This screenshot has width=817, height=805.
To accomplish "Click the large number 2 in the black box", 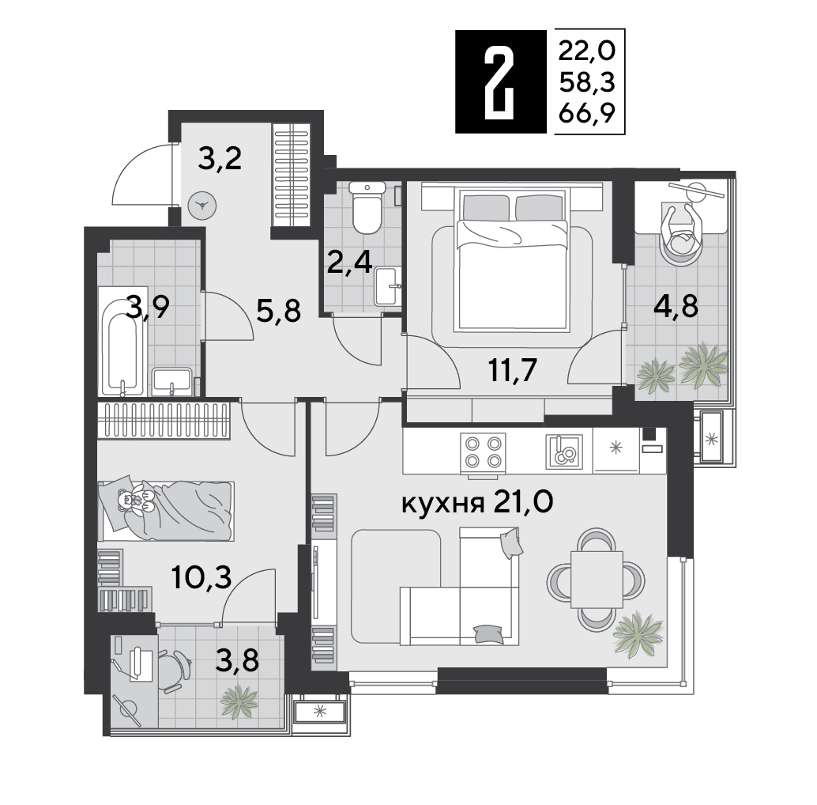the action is click(499, 81).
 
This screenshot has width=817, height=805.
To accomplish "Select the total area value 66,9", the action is click(587, 112).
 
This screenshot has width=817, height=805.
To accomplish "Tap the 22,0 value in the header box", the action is click(587, 51).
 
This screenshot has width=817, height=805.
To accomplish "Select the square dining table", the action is click(597, 580).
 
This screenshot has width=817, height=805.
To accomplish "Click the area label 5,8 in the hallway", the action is click(279, 312).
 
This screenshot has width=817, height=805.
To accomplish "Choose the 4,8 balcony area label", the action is click(676, 306).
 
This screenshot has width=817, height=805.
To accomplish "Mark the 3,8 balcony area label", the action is click(236, 661).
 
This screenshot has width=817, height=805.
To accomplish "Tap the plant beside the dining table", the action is click(638, 633).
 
